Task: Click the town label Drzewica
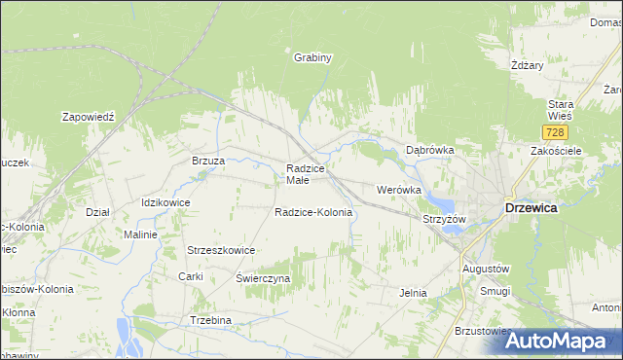pyautogui.click(x=531, y=207)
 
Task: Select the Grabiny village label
pyautogui.click(x=313, y=57)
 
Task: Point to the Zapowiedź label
pyautogui.click(x=89, y=116)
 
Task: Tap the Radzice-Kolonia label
pyautogui.click(x=312, y=212)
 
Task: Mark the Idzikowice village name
pyautogui.click(x=165, y=202)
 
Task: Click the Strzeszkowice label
pyautogui.click(x=221, y=250)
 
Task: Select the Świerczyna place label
pyautogui.click(x=263, y=278)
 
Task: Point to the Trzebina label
pyautogui.click(x=210, y=320)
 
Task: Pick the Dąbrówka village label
pyautogui.click(x=430, y=150)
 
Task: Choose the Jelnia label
pyautogui.click(x=415, y=292)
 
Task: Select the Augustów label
pyautogui.click(x=486, y=268)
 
